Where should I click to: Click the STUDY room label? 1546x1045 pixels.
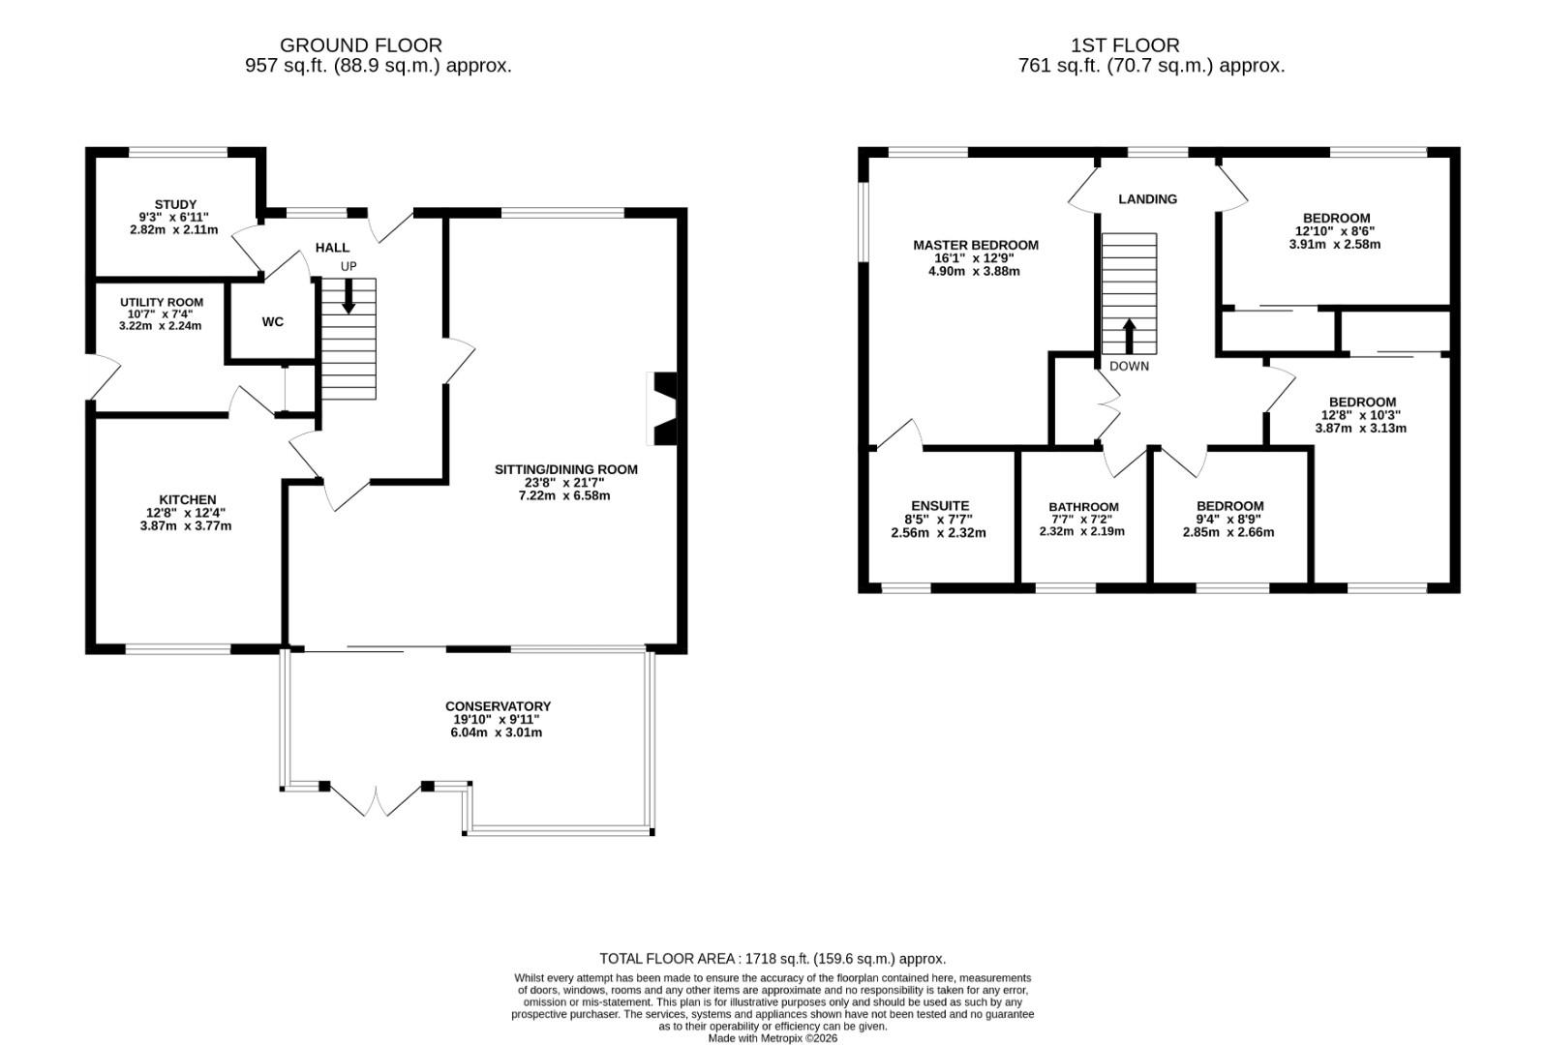point(174,204)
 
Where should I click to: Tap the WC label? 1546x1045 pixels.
point(273,321)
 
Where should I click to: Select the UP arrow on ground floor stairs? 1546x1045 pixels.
point(349,295)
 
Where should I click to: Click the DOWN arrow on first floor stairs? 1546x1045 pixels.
point(1129,336)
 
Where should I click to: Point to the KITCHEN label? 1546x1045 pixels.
point(188,499)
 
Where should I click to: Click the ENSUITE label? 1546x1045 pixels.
point(939,505)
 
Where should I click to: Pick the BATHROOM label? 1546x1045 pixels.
point(1083,506)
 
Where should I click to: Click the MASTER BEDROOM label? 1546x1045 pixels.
point(975,245)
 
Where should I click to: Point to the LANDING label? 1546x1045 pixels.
point(1147,198)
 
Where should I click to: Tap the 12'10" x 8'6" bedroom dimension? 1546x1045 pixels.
point(1335,231)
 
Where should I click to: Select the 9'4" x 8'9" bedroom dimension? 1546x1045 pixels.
point(1229,519)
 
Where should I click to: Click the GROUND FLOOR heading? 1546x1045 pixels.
point(360,45)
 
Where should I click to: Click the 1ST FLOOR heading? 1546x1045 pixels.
point(1125,45)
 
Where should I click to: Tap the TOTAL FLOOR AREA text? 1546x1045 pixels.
point(772,958)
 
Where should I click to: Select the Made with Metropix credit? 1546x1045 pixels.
point(773,1037)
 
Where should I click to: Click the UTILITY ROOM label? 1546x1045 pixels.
point(162,302)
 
